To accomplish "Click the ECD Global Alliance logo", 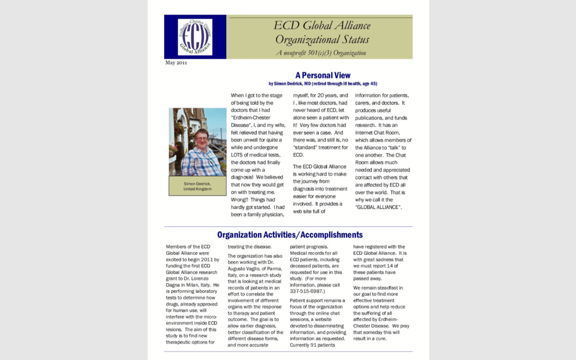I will point(195,37).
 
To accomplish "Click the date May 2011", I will point(176,63).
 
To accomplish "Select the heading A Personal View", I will point(323,75).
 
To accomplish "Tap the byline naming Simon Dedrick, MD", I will point(323,84).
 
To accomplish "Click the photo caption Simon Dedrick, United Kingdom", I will point(197,186).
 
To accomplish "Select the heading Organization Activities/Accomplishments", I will point(290,235).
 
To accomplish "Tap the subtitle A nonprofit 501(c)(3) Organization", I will point(321,53).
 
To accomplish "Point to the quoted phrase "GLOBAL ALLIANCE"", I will point(378,207).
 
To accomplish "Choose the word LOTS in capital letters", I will point(238,155).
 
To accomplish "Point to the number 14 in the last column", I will point(394,266).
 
